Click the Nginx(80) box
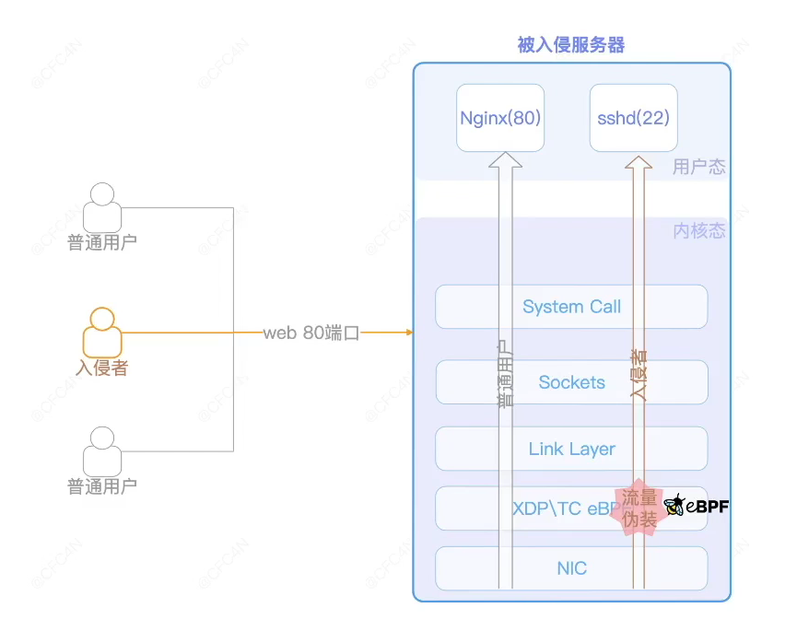500,118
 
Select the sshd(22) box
634,118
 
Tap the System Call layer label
571,307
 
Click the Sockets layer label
571,382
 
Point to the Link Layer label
571,449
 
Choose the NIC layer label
571,568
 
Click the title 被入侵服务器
571,45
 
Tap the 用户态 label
698,167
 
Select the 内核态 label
698,231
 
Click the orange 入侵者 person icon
102,333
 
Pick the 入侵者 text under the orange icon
102,368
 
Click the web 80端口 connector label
311,333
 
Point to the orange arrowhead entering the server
406,333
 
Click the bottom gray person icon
102,451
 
